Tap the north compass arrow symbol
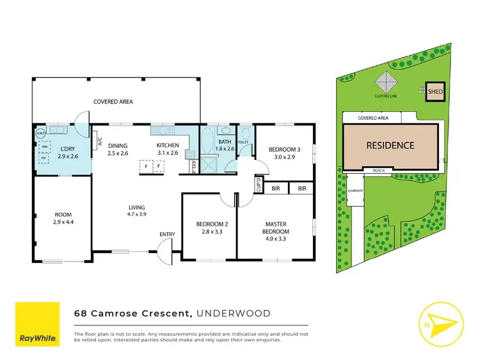click(440, 323)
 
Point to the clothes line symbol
click(386, 83)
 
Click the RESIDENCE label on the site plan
click(390, 145)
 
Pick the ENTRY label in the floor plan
click(167, 234)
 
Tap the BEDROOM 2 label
click(209, 228)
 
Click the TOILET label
click(243, 143)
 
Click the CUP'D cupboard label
click(259, 186)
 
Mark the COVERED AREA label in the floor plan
click(113, 101)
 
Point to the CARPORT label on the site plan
click(355, 191)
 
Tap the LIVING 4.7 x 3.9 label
click(137, 211)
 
